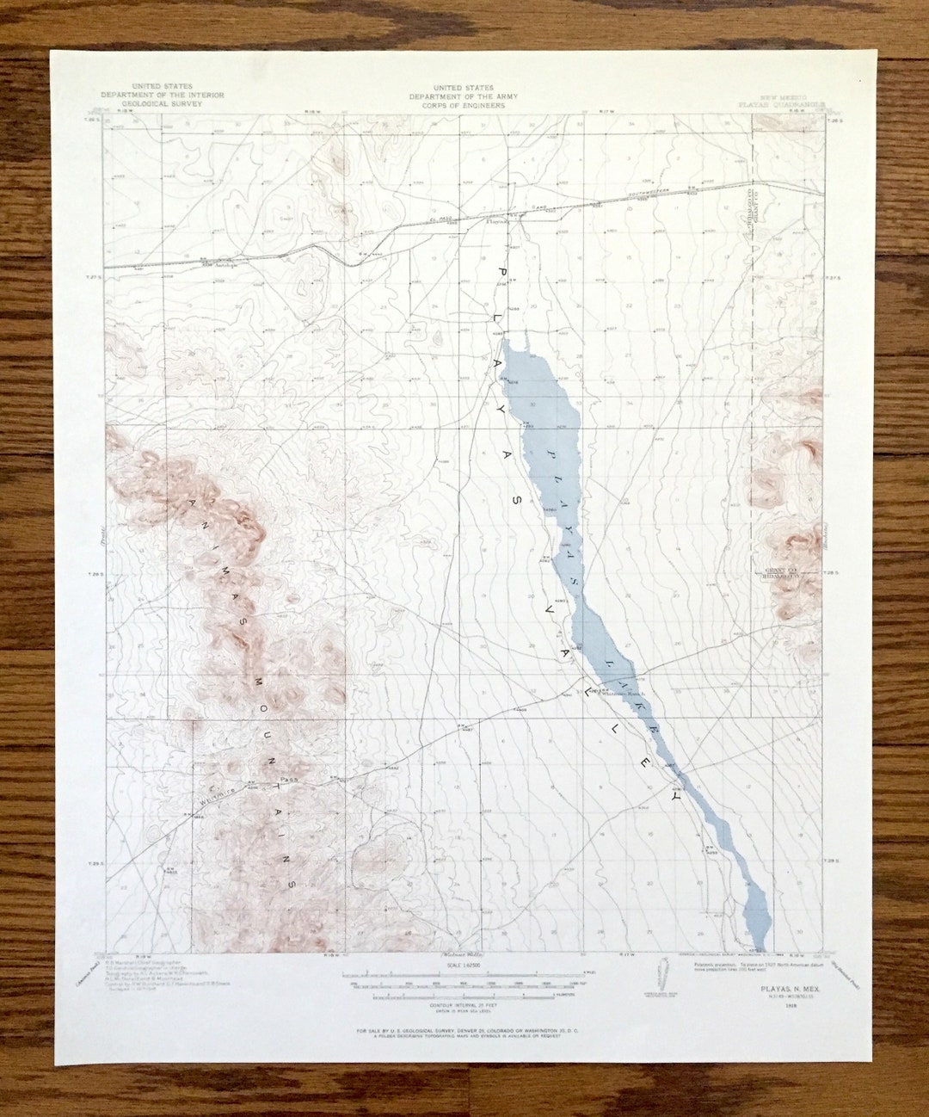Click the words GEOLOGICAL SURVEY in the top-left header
pos(163,102)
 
